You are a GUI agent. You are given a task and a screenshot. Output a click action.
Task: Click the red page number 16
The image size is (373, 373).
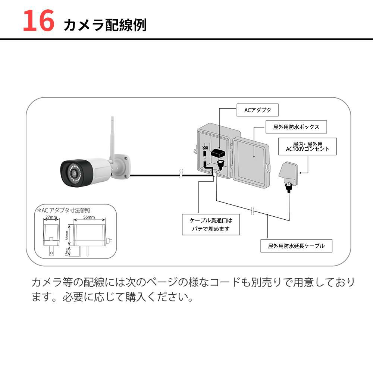(38, 21)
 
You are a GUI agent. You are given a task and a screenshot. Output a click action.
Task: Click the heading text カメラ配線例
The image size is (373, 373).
(105, 25)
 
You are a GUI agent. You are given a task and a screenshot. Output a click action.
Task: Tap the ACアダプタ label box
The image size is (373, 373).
(257, 110)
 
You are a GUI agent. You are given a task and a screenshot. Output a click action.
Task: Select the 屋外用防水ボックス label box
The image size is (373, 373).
(296, 127)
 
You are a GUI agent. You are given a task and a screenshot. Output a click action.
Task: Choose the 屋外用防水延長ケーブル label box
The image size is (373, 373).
(296, 246)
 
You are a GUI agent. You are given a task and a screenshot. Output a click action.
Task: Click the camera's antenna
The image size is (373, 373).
(112, 138)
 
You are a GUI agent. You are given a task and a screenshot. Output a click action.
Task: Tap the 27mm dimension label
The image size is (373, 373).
(51, 217)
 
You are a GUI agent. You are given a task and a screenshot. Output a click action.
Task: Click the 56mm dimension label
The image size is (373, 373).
(89, 217)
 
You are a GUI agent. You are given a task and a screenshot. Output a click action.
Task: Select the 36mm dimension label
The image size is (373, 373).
(68, 235)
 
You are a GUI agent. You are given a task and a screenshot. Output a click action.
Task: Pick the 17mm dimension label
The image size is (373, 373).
(68, 252)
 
